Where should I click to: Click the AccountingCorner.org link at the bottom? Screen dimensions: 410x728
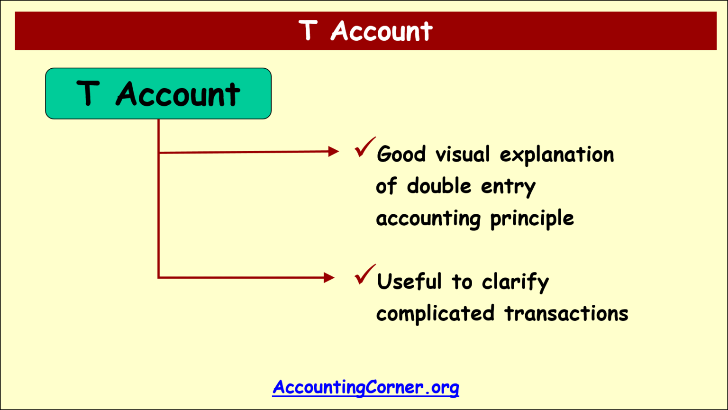(365, 387)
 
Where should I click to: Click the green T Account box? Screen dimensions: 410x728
(158, 93)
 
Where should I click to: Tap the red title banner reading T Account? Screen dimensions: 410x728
(365, 31)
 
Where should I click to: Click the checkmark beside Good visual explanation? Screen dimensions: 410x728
(364, 147)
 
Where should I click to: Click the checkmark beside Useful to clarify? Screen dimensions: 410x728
(364, 275)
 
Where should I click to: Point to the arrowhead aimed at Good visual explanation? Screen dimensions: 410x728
(334, 152)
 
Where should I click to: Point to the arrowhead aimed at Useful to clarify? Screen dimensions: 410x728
(329, 277)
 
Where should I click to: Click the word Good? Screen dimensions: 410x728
(401, 155)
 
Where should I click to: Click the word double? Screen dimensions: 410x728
(439, 186)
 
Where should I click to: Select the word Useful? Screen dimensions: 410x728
(409, 282)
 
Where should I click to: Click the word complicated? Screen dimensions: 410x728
(435, 314)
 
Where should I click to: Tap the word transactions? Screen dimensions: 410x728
(566, 313)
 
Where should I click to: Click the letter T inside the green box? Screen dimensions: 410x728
(88, 93)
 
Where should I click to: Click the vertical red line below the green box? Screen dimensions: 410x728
(158, 213)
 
